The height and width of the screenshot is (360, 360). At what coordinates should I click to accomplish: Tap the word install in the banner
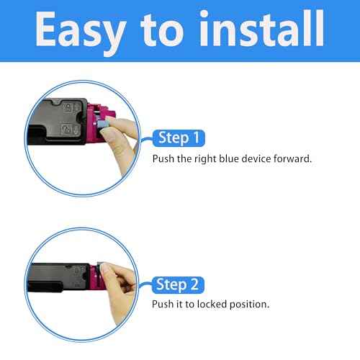pos(262,28)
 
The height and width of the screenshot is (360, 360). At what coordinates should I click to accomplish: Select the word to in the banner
pos(163,30)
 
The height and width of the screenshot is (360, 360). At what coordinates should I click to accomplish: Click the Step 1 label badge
pos(179,138)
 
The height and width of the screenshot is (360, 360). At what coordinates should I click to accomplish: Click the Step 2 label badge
pos(178,285)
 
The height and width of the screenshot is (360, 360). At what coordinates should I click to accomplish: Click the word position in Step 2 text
pos(249,305)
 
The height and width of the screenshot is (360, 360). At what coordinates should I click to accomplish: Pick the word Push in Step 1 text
pos(163,158)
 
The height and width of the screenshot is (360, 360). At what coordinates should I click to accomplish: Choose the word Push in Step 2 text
pos(163,304)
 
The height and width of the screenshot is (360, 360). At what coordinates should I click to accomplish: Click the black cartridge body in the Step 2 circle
pos(59,278)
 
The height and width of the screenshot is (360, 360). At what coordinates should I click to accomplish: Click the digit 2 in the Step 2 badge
pos(194,284)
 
